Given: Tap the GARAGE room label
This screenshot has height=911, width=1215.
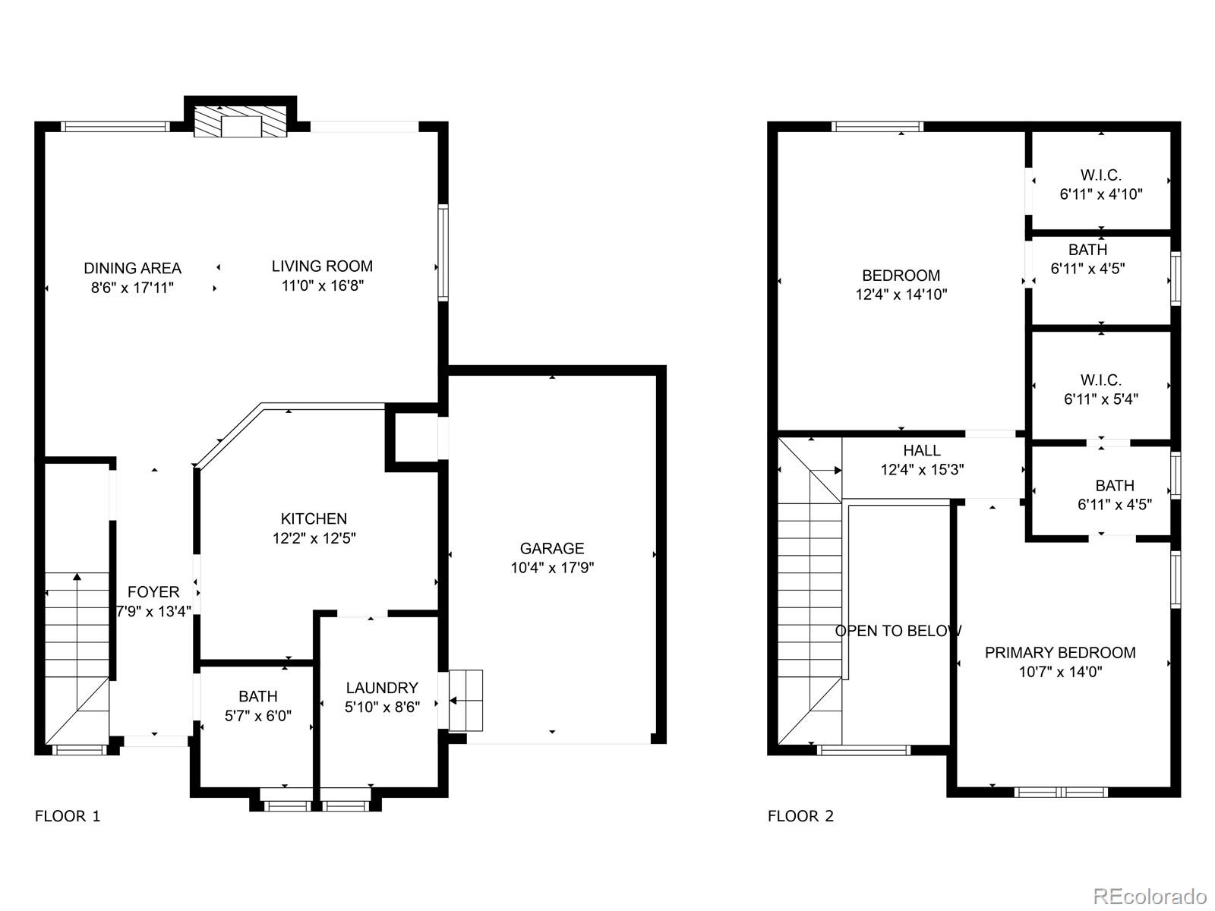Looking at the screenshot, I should click(x=552, y=548).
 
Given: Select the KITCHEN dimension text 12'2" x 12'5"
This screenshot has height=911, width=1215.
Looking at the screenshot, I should click(x=314, y=538).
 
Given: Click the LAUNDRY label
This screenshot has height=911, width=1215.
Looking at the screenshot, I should click(x=382, y=688).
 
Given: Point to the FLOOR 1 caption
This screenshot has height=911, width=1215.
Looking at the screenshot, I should click(x=68, y=816).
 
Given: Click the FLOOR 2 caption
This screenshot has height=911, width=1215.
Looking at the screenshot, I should click(x=800, y=816).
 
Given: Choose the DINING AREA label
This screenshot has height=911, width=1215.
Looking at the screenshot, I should click(x=133, y=268).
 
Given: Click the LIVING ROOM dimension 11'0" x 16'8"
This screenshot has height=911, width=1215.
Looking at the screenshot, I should click(x=322, y=286).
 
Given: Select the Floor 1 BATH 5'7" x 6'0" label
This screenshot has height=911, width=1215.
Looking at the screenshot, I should click(x=258, y=705).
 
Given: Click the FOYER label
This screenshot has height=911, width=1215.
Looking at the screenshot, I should click(x=153, y=592).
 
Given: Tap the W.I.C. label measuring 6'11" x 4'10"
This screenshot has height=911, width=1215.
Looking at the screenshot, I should click(x=1101, y=184).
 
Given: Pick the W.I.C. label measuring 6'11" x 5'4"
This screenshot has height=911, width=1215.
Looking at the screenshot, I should click(x=1101, y=389).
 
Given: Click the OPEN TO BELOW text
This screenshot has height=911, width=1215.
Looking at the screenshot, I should click(x=898, y=631).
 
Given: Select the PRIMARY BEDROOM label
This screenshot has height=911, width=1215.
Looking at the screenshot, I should click(x=1060, y=653).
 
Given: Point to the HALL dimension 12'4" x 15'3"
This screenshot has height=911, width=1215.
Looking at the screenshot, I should click(x=922, y=470).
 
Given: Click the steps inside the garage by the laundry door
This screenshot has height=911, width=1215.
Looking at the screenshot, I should click(x=466, y=700).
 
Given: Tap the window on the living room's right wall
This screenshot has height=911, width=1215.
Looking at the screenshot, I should click(x=443, y=252).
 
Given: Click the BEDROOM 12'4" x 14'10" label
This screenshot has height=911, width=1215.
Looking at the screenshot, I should click(x=901, y=285).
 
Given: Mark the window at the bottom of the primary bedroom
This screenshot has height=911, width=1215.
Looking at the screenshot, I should click(x=1062, y=792).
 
